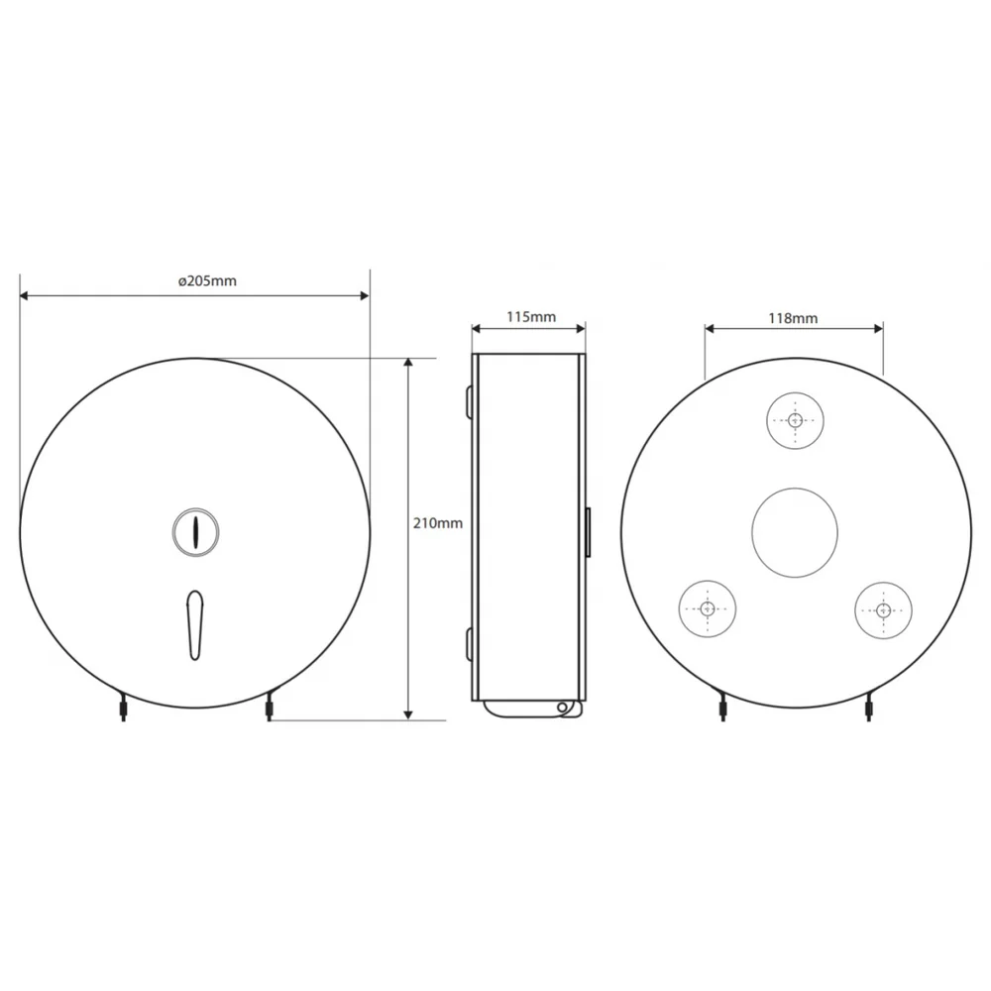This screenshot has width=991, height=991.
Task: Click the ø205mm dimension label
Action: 207,280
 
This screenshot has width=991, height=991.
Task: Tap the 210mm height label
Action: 438,523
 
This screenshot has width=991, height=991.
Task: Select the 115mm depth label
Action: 531,317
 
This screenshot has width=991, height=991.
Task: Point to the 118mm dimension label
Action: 793,318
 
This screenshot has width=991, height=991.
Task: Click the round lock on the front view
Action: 196,532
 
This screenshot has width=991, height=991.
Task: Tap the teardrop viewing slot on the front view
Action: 195,625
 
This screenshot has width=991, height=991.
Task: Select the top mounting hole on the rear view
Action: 795,420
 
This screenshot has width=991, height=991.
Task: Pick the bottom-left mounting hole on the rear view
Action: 708,608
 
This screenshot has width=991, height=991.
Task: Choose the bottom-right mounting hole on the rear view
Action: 884,609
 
